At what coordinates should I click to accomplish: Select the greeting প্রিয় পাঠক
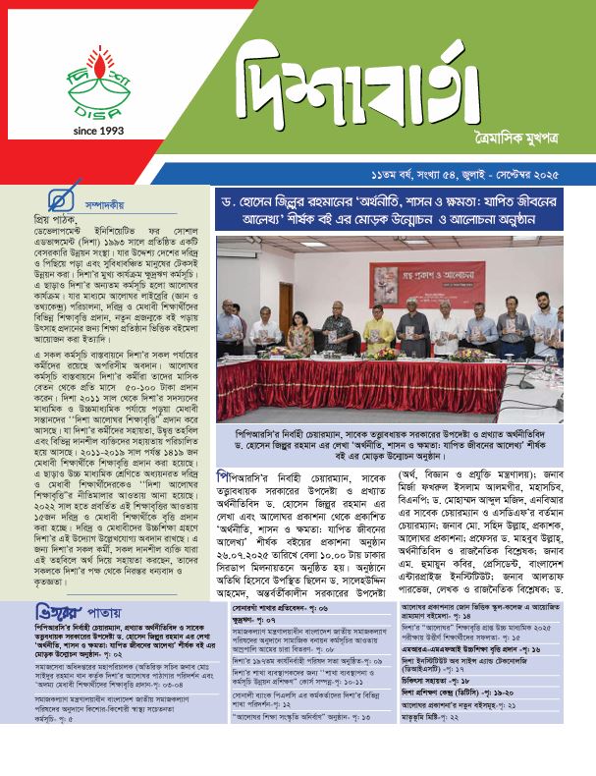point(27,223)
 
